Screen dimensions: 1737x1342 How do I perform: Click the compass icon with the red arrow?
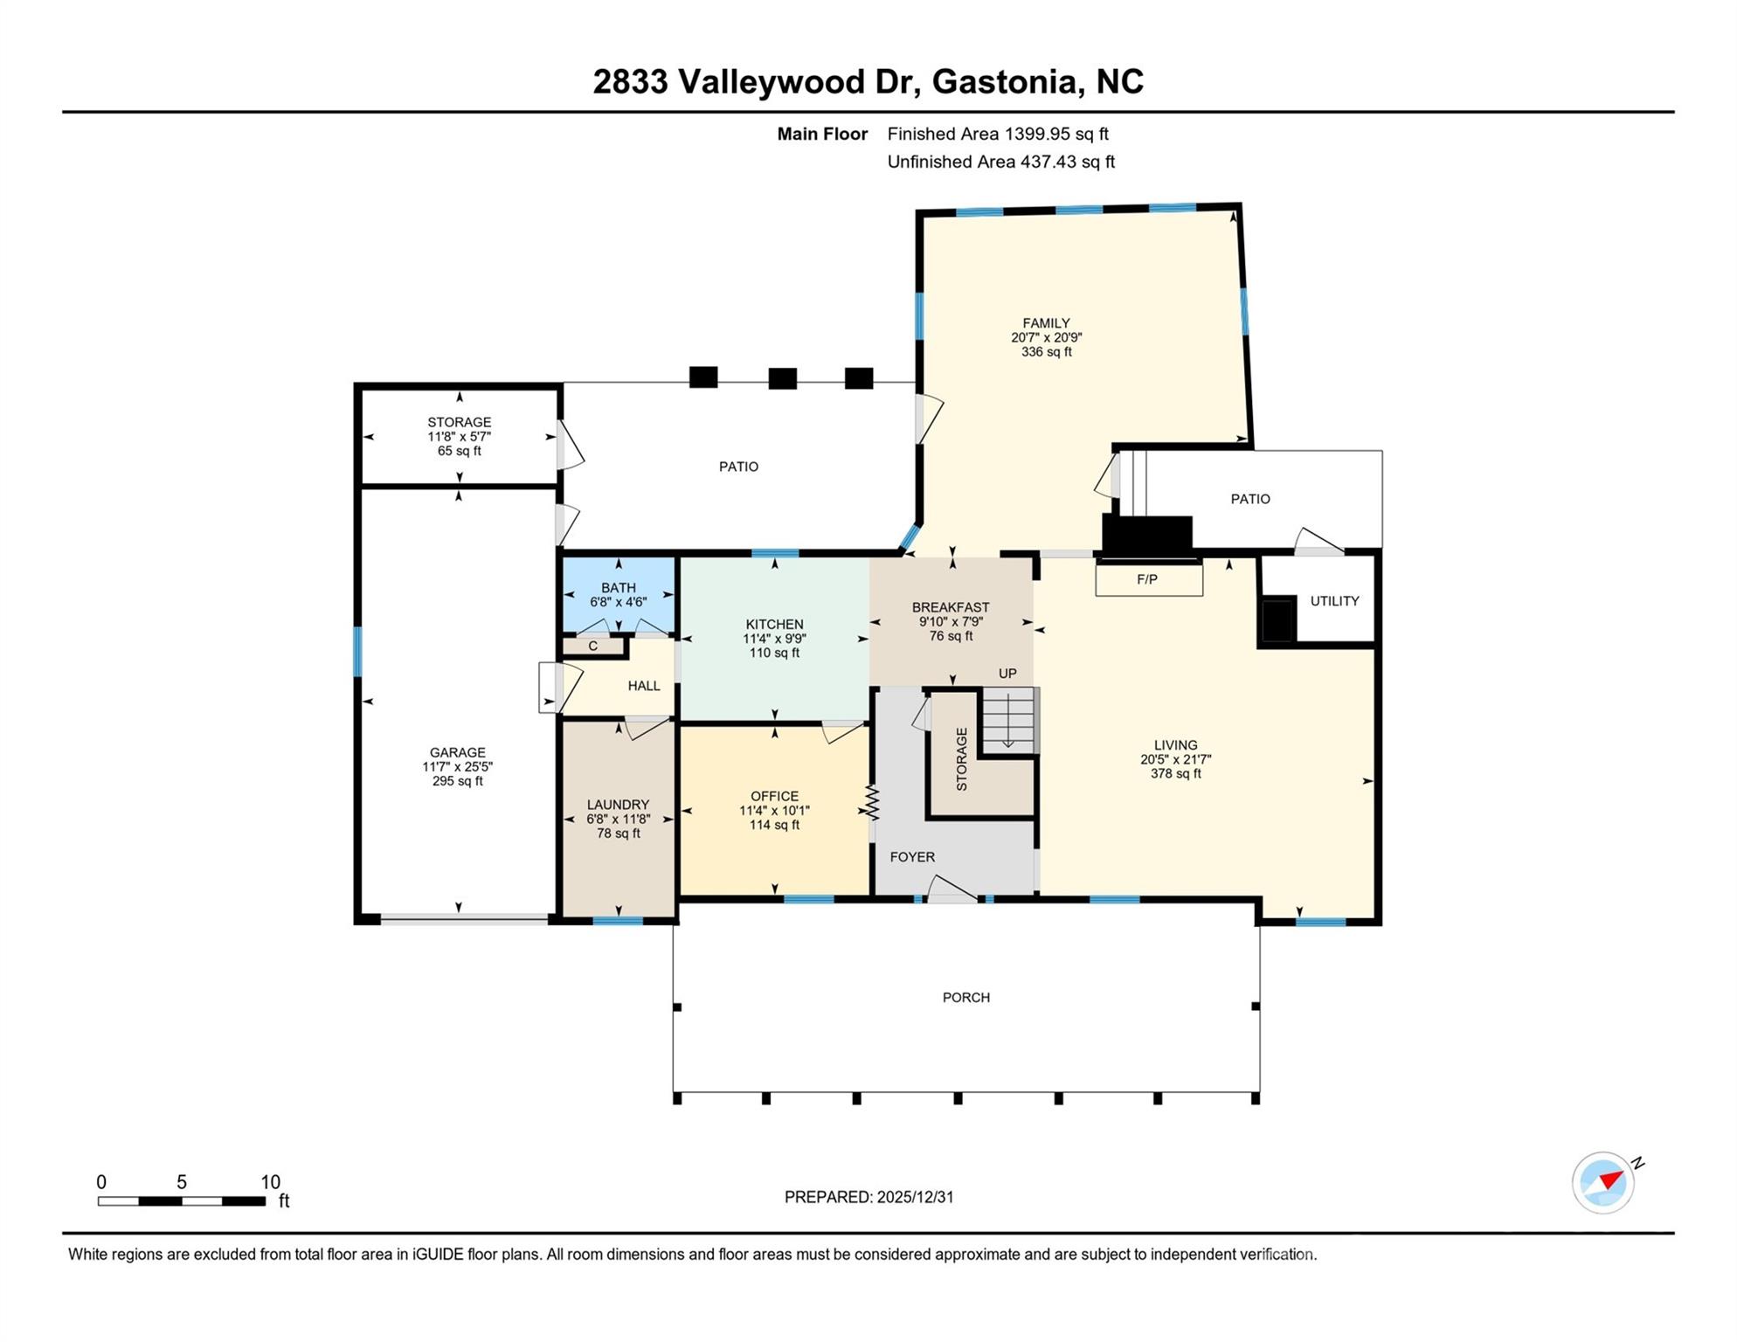point(1602,1183)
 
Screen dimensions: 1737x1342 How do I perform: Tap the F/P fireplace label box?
point(1149,579)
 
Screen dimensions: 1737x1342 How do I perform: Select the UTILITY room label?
point(1334,601)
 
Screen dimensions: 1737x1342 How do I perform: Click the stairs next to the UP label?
point(1010,721)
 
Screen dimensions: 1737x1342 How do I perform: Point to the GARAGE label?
point(457,752)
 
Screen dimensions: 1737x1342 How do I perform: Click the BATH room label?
point(618,588)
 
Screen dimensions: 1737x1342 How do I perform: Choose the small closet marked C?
point(593,647)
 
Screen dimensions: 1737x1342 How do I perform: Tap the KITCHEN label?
point(774,624)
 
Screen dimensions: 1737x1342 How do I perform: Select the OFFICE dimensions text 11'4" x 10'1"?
point(774,811)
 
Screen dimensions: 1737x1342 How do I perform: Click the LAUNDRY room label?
point(618,805)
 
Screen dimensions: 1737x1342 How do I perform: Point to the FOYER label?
point(912,857)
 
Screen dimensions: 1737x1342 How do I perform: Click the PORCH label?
point(966,998)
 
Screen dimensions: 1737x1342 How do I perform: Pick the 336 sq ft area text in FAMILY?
point(1046,352)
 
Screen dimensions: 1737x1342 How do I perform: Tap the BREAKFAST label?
point(951,607)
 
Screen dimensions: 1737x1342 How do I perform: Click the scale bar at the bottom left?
point(182,1201)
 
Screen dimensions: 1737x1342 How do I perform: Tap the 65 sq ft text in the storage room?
point(459,451)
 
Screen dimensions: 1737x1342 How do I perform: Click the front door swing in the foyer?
point(952,889)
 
